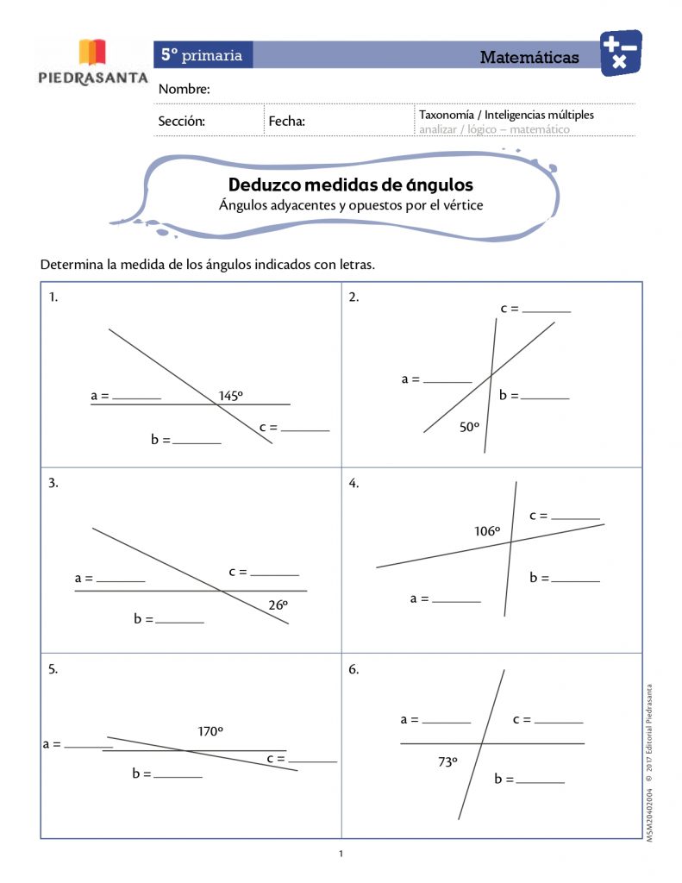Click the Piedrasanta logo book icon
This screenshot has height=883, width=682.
click(x=93, y=52)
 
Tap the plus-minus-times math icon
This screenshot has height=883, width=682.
click(x=620, y=53)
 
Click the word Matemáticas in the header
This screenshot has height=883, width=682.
click(x=529, y=58)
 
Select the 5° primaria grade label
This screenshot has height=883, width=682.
click(x=203, y=55)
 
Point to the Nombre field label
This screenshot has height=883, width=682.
click(x=184, y=90)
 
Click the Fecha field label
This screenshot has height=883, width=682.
click(x=287, y=122)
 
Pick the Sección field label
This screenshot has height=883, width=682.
click(x=181, y=122)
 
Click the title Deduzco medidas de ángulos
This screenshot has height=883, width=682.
click(x=350, y=185)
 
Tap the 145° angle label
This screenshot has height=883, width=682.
click(x=230, y=396)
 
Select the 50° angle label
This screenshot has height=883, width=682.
click(x=469, y=426)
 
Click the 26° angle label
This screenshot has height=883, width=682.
click(x=278, y=605)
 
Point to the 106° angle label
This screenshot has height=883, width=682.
click(x=487, y=531)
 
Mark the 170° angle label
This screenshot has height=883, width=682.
click(x=210, y=731)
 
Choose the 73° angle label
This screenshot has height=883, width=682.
click(x=447, y=761)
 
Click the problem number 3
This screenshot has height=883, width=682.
click(x=53, y=483)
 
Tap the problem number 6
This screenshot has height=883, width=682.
click(x=354, y=668)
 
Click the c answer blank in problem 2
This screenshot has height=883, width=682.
click(x=547, y=310)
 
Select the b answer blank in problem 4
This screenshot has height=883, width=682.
click(x=575, y=580)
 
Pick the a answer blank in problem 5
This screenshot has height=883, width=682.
click(x=88, y=746)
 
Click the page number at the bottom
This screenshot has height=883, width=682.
click(x=341, y=854)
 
